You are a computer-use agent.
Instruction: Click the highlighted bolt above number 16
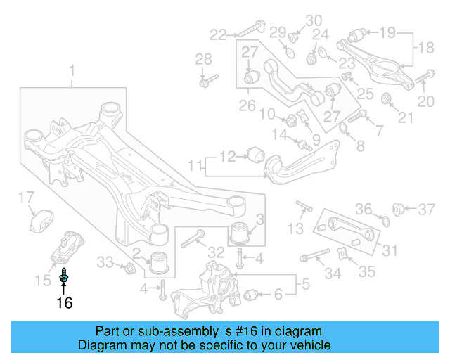pos(65,276)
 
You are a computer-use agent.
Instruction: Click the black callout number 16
pos(64,303)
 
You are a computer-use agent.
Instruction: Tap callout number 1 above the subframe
pos(72,70)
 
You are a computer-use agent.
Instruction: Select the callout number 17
pos(25,196)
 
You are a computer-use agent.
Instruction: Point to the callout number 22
pos(219,33)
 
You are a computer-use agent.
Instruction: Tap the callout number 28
pos(203,58)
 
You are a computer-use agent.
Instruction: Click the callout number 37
pos(427,208)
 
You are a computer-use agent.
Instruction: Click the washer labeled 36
pos(383,223)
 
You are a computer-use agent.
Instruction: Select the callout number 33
pos(105,262)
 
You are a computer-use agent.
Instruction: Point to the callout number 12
pos(228,156)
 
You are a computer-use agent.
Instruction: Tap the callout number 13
pos(296,228)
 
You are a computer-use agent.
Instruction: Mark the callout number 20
pos(426,102)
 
